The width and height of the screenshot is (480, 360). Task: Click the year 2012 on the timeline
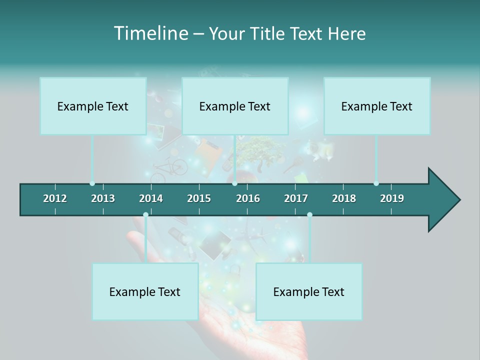[x=55, y=198]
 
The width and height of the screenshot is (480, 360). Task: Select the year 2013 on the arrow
[x=103, y=198]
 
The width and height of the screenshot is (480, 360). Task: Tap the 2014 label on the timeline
[x=151, y=198]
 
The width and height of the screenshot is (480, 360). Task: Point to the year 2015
[x=199, y=198]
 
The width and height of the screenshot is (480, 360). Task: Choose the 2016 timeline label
[x=248, y=198]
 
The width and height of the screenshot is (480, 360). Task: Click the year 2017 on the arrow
[x=296, y=198]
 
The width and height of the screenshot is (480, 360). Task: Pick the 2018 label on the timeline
[x=344, y=198]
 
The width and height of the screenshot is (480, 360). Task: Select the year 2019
[x=392, y=198]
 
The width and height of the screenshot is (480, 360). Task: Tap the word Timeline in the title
[x=150, y=33]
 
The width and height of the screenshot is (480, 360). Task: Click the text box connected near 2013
[x=93, y=106]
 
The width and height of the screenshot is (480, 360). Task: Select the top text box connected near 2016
[x=235, y=106]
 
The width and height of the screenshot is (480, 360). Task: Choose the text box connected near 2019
[x=377, y=106]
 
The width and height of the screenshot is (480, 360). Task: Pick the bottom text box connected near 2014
[x=145, y=291]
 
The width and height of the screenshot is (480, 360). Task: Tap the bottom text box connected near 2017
[x=309, y=291]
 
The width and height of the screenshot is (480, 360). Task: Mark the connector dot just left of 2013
[x=92, y=183]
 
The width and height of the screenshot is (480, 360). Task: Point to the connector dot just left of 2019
[x=376, y=183]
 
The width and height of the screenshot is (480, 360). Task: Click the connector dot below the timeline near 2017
[x=309, y=214]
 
